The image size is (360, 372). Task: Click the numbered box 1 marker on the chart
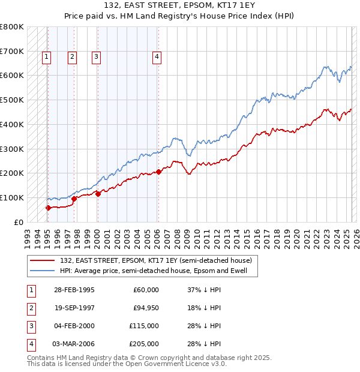click(x=46, y=58)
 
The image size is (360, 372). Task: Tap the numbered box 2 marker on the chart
click(x=72, y=58)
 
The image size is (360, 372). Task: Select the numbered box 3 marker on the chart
click(x=96, y=58)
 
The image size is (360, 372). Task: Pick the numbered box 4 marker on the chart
click(x=157, y=58)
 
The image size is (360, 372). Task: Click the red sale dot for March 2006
click(x=158, y=172)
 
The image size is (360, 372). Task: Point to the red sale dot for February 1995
click(x=48, y=208)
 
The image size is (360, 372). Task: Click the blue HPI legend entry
click(x=158, y=271)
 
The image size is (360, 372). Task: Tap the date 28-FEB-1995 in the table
click(x=74, y=290)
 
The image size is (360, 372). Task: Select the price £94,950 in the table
click(x=144, y=308)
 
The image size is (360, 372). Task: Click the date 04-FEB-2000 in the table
click(x=74, y=326)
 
